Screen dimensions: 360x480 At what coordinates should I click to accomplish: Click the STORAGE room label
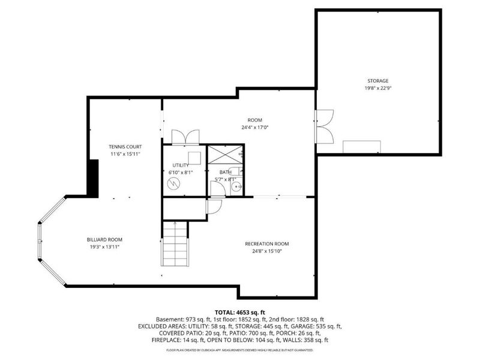pyautogui.click(x=378, y=81)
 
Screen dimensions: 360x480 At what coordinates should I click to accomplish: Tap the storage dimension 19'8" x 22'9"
pyautogui.click(x=378, y=88)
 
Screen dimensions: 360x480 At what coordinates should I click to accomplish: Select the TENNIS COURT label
pyautogui.click(x=125, y=147)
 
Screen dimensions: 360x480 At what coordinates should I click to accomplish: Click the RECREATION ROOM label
pyautogui.click(x=267, y=244)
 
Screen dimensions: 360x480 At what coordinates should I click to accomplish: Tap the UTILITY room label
pyautogui.click(x=181, y=165)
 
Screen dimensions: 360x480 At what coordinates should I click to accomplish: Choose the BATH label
pyautogui.click(x=225, y=172)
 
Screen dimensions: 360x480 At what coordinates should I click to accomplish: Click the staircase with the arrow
pyautogui.click(x=175, y=244)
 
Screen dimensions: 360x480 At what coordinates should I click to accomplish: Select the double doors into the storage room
pyautogui.click(x=325, y=127)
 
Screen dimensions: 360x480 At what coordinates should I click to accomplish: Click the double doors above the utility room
pyautogui.click(x=185, y=137)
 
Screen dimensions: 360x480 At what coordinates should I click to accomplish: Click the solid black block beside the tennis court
pyautogui.click(x=93, y=178)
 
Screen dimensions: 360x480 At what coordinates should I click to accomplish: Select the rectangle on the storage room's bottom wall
pyautogui.click(x=361, y=147)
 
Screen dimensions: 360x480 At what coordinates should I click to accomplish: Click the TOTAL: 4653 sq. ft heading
pyautogui.click(x=239, y=313)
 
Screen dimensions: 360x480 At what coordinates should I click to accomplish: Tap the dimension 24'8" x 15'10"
pyautogui.click(x=267, y=251)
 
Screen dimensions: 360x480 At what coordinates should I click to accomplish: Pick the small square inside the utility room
pyautogui.click(x=194, y=158)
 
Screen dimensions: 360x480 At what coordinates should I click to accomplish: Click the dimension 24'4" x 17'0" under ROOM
pyautogui.click(x=255, y=127)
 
